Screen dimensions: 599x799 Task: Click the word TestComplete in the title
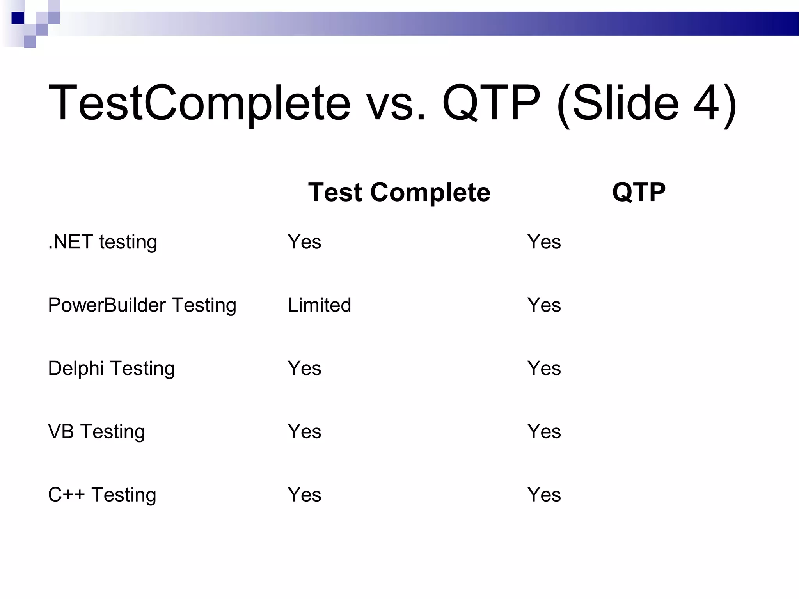pos(199,103)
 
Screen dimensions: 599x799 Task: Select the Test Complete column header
pos(399,192)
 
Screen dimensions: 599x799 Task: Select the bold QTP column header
pos(639,192)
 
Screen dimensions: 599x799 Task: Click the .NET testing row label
pos(103,242)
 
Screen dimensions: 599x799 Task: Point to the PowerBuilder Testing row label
pos(142,305)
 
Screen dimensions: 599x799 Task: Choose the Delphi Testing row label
pos(111,369)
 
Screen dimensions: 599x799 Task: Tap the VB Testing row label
pos(96,432)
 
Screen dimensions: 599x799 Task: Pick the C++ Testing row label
pos(102,495)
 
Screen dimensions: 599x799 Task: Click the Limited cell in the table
pos(319,305)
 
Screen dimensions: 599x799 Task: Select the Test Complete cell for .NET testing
pos(304,242)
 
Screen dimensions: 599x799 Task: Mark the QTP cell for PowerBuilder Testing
pos(544,305)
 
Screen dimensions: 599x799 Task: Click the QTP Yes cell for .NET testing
pos(544,242)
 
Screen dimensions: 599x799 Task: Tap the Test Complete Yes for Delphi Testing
pos(304,368)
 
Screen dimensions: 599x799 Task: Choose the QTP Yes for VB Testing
pos(544,431)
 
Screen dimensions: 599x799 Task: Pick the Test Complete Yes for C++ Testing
pos(304,494)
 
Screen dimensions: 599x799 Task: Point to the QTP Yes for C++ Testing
pos(544,494)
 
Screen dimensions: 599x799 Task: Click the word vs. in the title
pos(396,105)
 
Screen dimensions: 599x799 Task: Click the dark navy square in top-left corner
pos(18,18)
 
